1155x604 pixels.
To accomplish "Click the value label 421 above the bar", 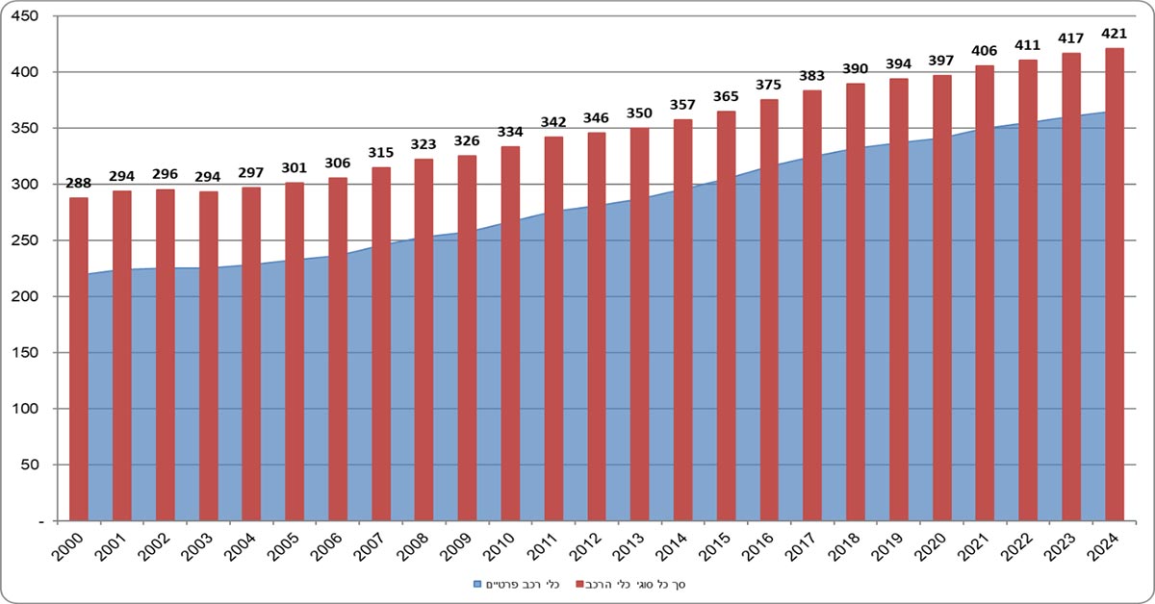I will pyautogui.click(x=1115, y=34).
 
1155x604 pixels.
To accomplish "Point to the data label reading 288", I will pyautogui.click(x=78, y=183).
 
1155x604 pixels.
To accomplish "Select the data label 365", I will pyautogui.click(x=726, y=96).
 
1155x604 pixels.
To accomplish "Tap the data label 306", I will pyautogui.click(x=338, y=164).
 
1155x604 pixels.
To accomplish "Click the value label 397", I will pyautogui.click(x=941, y=61).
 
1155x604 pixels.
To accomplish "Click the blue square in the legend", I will pyautogui.click(x=475, y=584).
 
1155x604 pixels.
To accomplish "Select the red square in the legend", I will pyautogui.click(x=580, y=584).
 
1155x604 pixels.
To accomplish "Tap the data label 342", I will pyautogui.click(x=553, y=122).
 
